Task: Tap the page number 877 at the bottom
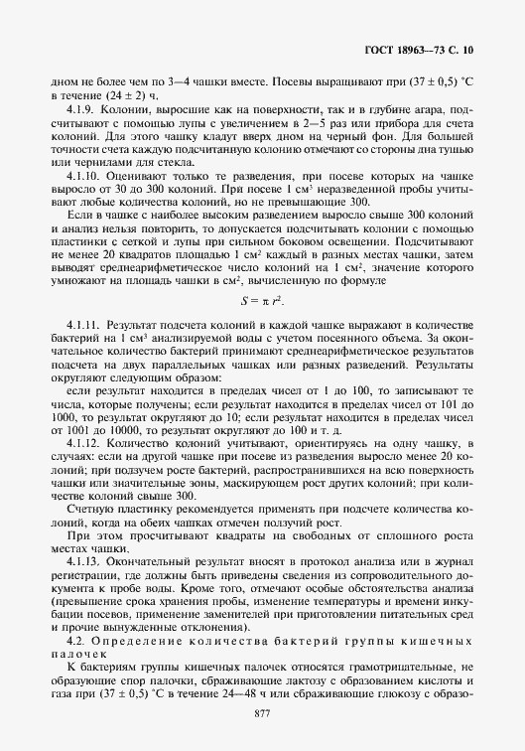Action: (263, 714)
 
